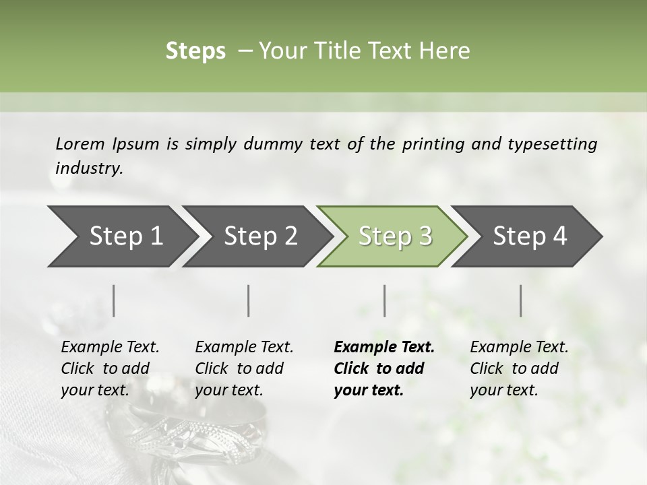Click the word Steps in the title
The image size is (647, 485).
tap(195, 51)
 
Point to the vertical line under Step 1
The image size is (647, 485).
tap(113, 300)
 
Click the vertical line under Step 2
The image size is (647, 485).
tap(249, 300)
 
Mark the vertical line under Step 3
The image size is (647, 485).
tap(384, 300)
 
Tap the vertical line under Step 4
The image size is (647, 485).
tap(520, 300)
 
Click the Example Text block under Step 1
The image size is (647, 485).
tap(110, 368)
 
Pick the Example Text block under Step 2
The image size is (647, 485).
tap(244, 368)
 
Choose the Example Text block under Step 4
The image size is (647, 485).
tap(519, 368)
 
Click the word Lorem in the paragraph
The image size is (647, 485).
tap(80, 144)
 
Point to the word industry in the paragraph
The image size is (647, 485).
tap(89, 168)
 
